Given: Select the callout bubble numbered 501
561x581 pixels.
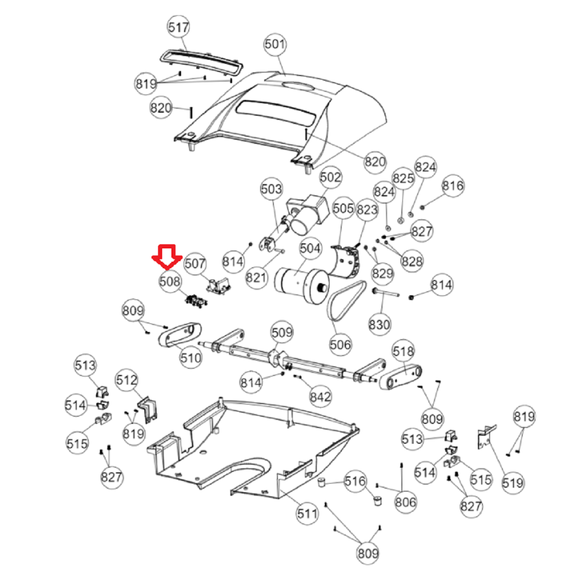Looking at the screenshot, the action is (275, 44).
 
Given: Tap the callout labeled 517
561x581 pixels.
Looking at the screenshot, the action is (178, 27).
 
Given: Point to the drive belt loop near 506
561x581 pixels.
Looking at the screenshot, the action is (346, 301).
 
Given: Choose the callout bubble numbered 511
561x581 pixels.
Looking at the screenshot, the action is (307, 514).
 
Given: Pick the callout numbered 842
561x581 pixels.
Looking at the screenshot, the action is (320, 397).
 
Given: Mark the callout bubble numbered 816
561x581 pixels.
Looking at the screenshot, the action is (453, 185).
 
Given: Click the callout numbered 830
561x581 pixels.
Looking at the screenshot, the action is (379, 324).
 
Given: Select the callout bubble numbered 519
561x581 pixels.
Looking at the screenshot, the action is (513, 483).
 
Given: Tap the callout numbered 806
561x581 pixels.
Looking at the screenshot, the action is (405, 502).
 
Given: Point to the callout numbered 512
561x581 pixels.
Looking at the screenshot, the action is (126, 380).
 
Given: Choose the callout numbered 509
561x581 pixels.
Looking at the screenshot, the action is (282, 332).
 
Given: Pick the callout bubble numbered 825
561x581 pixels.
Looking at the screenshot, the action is (403, 178).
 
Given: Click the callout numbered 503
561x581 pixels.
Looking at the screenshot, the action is (271, 189).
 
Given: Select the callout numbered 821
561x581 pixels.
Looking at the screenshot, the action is (256, 277).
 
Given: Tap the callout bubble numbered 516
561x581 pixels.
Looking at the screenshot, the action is (355, 481).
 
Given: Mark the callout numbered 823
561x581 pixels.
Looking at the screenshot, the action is (367, 210).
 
